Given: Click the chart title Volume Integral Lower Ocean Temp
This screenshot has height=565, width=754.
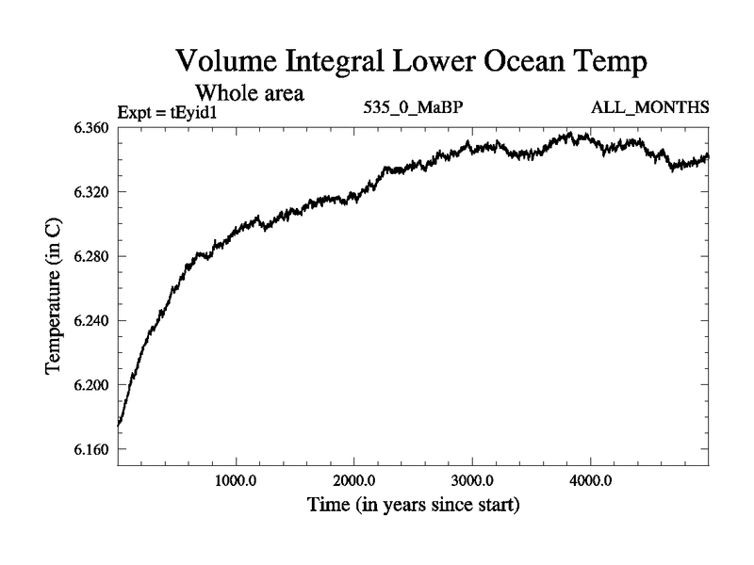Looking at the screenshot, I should point(413,63).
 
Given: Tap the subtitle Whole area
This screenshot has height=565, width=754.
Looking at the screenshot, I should point(248,93).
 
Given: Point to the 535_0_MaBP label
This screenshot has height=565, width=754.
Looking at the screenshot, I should point(413,107).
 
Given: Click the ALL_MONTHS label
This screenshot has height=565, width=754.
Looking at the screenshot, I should point(650,107).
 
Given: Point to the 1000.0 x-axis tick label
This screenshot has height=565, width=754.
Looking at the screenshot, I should point(236,482).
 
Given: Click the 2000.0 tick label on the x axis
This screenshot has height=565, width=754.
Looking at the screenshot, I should point(353,482).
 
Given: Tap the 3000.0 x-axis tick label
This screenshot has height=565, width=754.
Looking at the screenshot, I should point(472,482).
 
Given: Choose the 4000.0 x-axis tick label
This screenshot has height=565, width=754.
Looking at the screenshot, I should point(590,482).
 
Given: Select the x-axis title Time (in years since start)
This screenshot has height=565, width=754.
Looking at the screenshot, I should point(413,506).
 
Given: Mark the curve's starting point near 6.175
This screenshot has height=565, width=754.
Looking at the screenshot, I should point(119,426).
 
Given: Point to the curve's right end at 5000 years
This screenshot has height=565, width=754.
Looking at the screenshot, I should point(708,155).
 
